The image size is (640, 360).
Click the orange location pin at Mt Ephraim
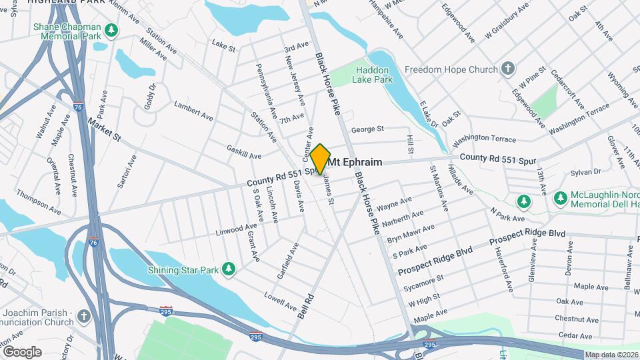click(320, 159)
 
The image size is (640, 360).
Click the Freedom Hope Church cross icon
click(508, 69)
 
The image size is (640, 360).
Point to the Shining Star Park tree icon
click(229, 268)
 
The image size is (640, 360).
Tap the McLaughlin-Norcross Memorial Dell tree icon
click(525, 201)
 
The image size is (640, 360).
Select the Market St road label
click(103, 131)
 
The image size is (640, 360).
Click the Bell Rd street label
click(307, 304)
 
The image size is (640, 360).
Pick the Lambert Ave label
click(193, 111)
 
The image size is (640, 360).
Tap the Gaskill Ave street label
click(243, 151)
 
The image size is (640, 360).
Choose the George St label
click(368, 129)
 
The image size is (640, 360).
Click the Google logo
click(22, 351)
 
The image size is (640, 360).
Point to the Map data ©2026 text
click(611, 355)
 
